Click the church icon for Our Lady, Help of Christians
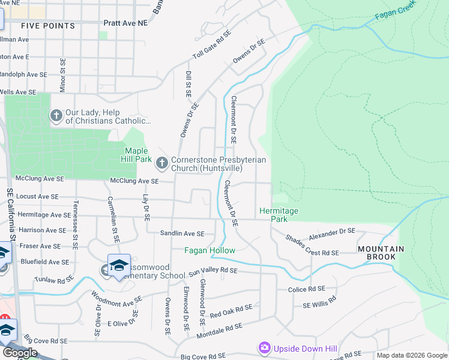(56, 115)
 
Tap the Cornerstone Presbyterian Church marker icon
(161, 162)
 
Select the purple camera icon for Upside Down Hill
(264, 347)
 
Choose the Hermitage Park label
(279, 215)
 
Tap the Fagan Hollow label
(209, 250)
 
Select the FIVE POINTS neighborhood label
(48, 26)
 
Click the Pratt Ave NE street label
(125, 22)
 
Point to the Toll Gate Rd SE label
(211, 46)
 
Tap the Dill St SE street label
(188, 83)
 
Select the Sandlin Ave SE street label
(182, 233)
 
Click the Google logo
(20, 353)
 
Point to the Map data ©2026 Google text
(412, 355)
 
